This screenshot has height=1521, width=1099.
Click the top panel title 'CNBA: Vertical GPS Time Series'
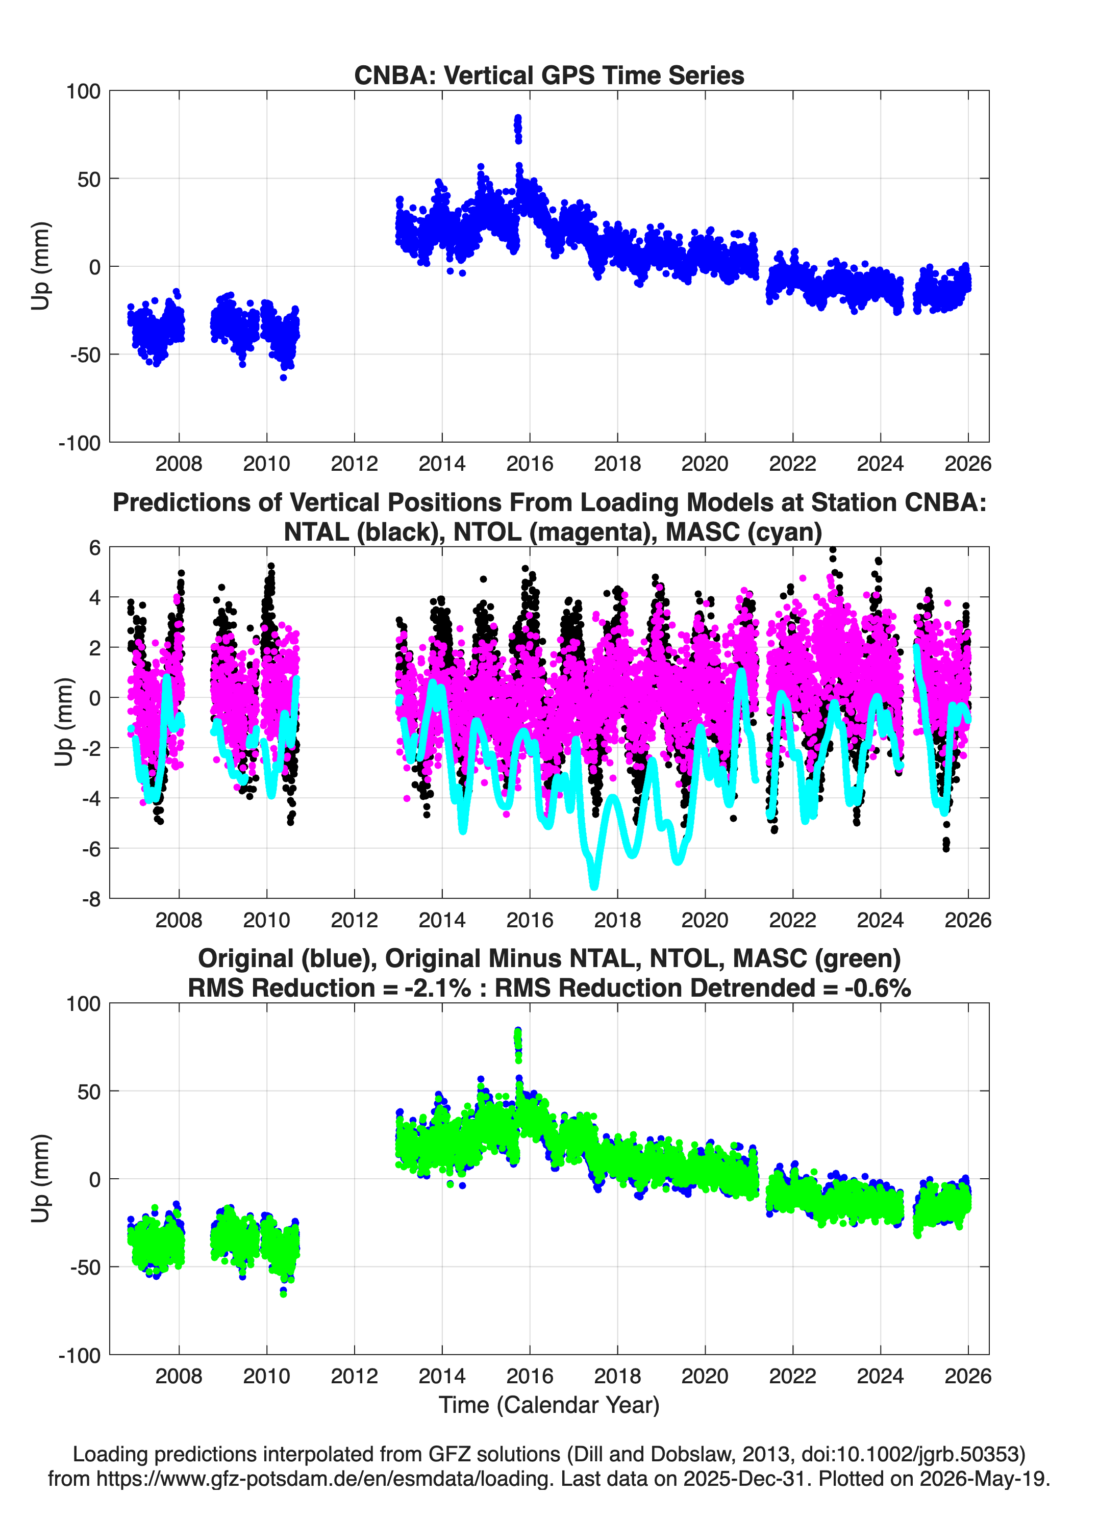[x=549, y=75]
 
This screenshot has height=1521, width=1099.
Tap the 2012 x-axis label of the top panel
[x=354, y=464]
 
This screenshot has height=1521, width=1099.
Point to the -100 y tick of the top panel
[x=79, y=443]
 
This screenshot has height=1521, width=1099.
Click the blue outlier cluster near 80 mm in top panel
[x=518, y=128]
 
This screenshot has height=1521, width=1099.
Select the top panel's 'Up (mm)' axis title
[x=40, y=266]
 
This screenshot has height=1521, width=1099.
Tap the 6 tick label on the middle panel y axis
[x=94, y=548]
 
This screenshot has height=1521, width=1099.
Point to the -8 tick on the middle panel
[x=91, y=899]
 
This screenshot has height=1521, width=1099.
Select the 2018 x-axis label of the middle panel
[x=617, y=920]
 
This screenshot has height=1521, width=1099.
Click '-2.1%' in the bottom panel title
[x=437, y=988]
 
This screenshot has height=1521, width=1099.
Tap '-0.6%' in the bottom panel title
[x=878, y=988]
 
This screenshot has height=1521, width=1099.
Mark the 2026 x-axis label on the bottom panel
[x=967, y=1376]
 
